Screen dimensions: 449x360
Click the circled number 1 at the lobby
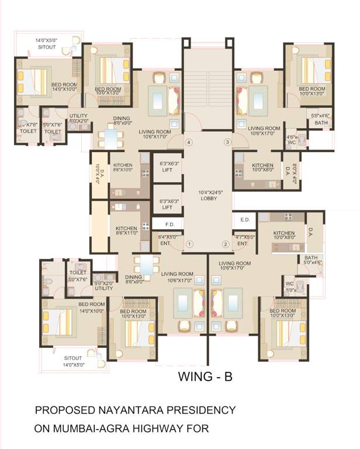tap(189, 244)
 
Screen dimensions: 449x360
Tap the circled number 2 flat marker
tap(224, 244)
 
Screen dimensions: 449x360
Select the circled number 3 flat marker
tap(228, 142)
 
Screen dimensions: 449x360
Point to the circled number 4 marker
tap(188, 142)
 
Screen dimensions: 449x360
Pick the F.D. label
tap(170, 224)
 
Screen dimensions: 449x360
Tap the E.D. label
tap(244, 220)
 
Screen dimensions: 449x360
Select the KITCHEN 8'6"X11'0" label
tap(126, 230)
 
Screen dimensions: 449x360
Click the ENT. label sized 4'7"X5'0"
tap(243, 240)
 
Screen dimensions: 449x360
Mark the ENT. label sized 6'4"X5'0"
tap(168, 240)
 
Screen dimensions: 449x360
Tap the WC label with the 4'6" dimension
tap(292, 140)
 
